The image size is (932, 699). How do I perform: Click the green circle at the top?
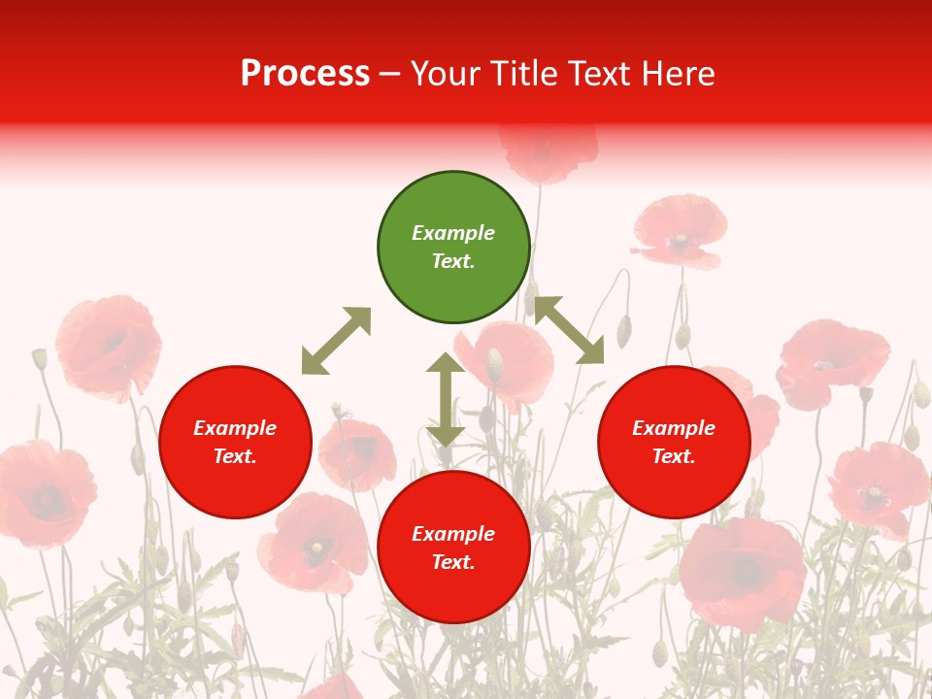click(453, 248)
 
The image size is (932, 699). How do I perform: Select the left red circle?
click(235, 443)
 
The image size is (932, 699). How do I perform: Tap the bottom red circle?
click(453, 548)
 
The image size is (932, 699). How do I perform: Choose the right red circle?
click(674, 443)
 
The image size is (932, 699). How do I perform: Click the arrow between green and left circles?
click(336, 341)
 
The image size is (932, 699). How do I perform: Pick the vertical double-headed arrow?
click(446, 399)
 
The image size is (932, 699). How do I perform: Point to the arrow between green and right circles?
click(569, 330)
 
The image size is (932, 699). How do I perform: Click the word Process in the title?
click(305, 74)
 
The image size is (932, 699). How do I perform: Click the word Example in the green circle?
click(453, 233)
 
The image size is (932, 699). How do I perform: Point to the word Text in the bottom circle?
click(453, 562)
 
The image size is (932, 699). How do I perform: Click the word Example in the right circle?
click(674, 428)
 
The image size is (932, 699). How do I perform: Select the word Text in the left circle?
click(235, 456)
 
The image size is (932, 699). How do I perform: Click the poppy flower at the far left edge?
click(44, 490)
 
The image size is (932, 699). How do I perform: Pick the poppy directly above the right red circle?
click(680, 231)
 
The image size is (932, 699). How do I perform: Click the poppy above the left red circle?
click(109, 345)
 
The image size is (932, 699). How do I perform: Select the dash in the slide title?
click(390, 74)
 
